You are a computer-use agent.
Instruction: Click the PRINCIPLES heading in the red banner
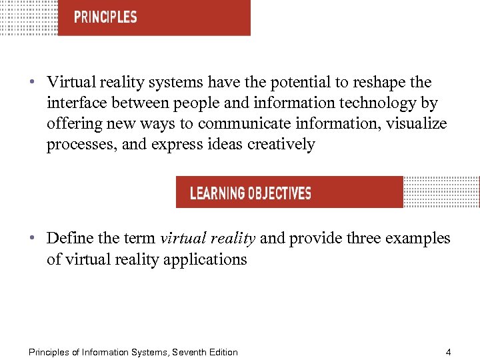tap(105, 17)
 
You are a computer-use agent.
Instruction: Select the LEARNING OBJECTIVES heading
tap(251, 193)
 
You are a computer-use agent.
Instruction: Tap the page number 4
tap(449, 352)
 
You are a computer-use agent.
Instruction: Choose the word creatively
tap(281, 145)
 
